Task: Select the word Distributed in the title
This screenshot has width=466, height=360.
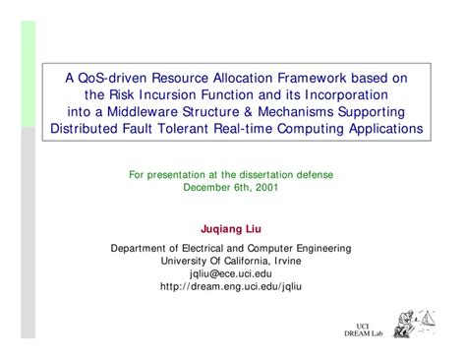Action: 86,129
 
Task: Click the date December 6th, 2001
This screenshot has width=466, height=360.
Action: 231,187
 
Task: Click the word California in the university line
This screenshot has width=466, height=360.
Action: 237,261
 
